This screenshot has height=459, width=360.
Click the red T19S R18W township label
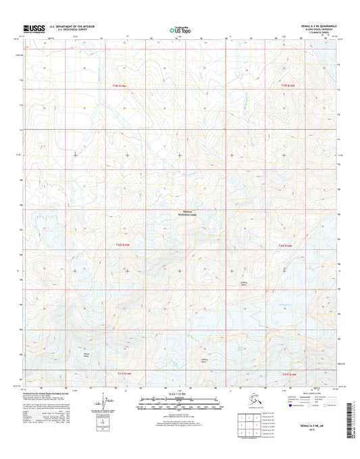pos(118,86)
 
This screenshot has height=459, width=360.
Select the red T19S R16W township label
pos(288,86)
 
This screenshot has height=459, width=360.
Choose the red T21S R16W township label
pos(289,372)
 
